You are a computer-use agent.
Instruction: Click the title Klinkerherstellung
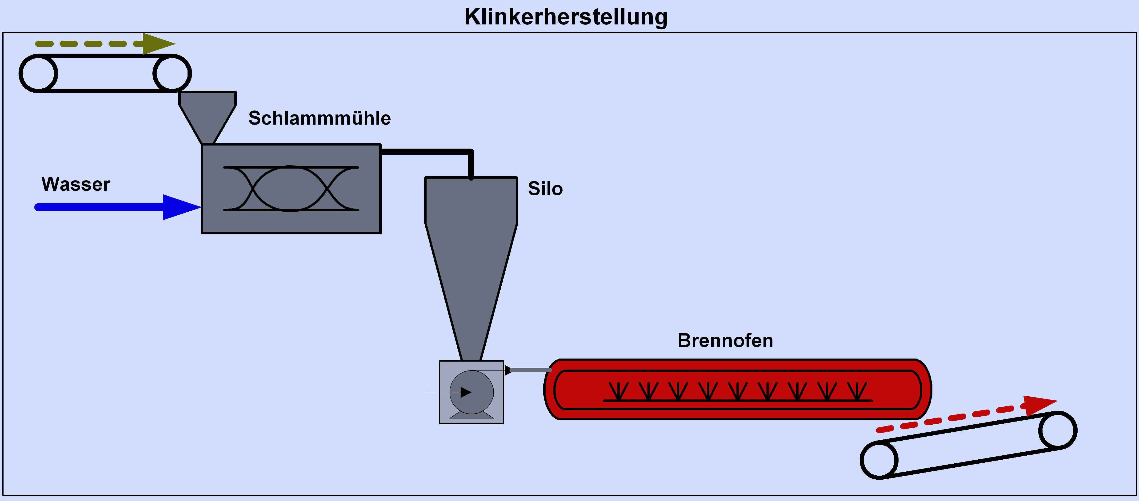point(566,17)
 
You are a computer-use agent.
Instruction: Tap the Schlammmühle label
point(319,118)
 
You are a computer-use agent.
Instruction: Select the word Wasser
point(76,184)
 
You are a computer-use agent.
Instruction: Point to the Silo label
point(545,189)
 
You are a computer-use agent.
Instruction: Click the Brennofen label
point(725,341)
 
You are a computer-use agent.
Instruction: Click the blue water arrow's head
point(179,207)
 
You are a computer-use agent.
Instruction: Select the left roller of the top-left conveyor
point(38,73)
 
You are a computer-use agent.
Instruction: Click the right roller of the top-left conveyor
point(172,73)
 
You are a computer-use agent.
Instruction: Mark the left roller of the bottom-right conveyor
point(879,460)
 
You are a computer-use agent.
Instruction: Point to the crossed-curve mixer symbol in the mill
point(291,189)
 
